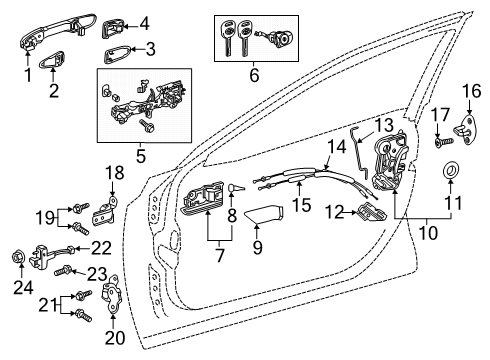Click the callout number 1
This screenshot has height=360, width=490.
[28, 73]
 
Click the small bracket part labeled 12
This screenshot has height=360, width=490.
[370, 211]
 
